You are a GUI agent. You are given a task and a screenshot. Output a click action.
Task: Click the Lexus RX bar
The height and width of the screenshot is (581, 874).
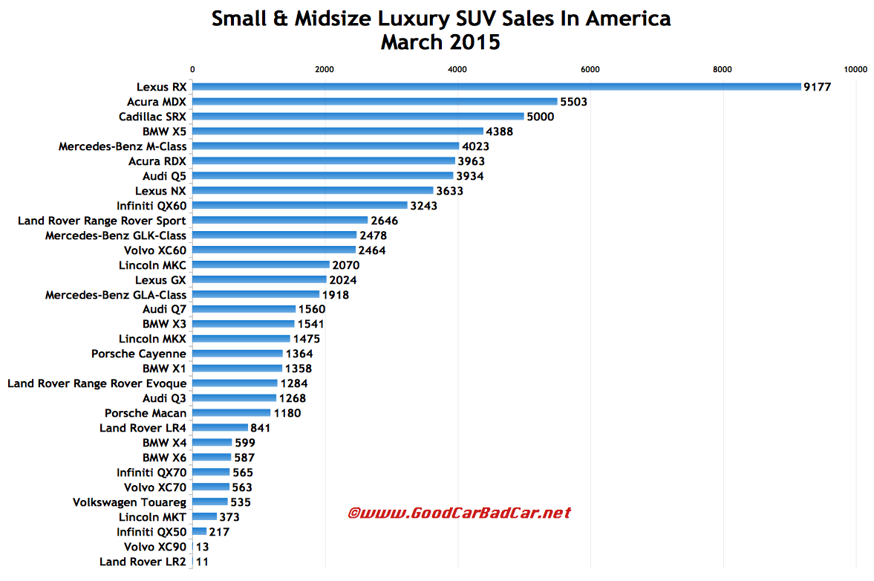click(x=496, y=87)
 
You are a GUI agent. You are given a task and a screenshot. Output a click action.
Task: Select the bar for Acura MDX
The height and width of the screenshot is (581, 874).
click(x=374, y=102)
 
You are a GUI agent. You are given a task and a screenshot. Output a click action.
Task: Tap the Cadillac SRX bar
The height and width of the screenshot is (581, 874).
click(x=358, y=117)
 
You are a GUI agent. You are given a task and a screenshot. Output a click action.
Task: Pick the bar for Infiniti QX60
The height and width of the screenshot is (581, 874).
click(x=300, y=205)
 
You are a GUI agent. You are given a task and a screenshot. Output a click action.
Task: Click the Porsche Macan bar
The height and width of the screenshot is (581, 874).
click(x=231, y=412)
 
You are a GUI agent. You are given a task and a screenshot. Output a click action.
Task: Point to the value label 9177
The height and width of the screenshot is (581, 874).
click(x=817, y=87)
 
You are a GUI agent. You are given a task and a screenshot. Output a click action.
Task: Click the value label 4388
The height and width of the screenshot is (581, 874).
click(x=500, y=132)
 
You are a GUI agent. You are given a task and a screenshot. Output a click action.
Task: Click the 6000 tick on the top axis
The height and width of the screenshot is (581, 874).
click(x=590, y=70)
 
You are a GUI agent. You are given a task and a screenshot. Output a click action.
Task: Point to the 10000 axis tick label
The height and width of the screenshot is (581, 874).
click(x=855, y=70)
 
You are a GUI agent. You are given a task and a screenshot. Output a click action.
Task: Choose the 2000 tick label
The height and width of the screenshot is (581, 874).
click(x=325, y=70)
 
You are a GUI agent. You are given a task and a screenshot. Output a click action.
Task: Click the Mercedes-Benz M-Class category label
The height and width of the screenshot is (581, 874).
click(x=123, y=146)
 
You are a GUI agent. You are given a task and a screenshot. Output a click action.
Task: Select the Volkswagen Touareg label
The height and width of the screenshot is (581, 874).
click(x=129, y=502)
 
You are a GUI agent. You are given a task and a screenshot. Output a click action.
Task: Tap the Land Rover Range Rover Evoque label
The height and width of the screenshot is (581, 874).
click(x=97, y=383)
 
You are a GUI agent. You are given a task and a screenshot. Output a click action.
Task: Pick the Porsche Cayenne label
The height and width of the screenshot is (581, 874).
click(x=139, y=354)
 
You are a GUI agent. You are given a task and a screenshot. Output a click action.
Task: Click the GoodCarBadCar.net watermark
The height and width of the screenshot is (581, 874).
click(x=460, y=513)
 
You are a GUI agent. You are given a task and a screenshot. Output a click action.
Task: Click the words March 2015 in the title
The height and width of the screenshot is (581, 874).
click(x=440, y=42)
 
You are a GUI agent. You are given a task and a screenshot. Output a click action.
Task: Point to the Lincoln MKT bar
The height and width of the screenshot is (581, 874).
click(x=204, y=516)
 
